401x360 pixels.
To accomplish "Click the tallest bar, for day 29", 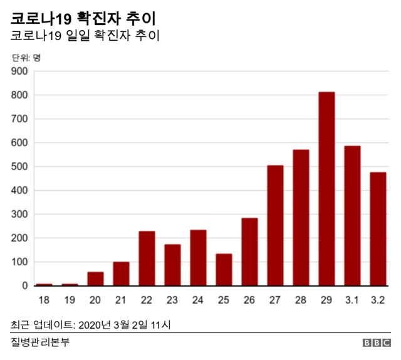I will (x=326, y=189).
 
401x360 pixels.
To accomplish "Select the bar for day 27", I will (x=275, y=225).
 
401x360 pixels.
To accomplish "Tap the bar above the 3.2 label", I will (x=378, y=229).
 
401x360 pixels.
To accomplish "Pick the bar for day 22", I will (x=147, y=258).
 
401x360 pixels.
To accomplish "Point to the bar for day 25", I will (x=224, y=270).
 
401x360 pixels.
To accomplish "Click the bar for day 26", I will (x=249, y=251).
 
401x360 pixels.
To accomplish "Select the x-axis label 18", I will (x=44, y=300).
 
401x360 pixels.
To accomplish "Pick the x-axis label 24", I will (x=198, y=300).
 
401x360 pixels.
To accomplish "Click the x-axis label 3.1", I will (x=352, y=300).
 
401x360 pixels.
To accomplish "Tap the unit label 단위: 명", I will (x=26, y=58).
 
